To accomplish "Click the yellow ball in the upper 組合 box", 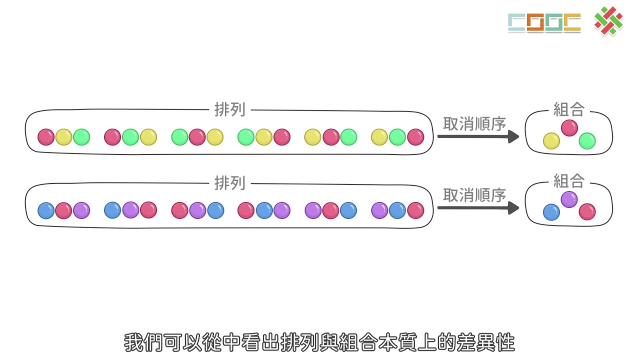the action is coord(551,141).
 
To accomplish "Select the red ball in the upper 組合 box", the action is coord(569,128).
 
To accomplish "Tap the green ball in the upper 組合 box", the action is coord(587,141).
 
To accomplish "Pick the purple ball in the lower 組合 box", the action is coord(569,199).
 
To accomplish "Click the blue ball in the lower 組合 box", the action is coord(551,212).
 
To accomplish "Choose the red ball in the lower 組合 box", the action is coord(587,211).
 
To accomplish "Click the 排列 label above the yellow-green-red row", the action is coord(229,109).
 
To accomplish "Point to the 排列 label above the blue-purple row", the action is coord(229,183).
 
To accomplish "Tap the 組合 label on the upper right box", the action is coord(569,109).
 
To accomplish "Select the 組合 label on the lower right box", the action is coord(569,181).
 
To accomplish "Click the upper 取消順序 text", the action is coord(474,123).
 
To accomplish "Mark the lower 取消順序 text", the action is coord(474,195).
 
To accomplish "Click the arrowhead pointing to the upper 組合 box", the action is coord(513,136).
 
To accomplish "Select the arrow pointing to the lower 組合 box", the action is coord(478,208).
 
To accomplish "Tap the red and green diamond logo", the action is coord(608,21).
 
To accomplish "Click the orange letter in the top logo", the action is coord(535,22).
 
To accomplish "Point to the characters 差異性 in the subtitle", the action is coord(485,342).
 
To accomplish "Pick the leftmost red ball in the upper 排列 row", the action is coord(46,137).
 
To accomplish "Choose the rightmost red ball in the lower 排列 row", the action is coord(415,210).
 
